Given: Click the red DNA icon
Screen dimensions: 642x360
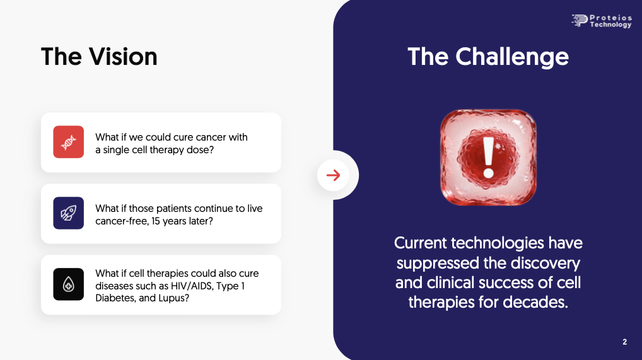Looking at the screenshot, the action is pyautogui.click(x=68, y=142).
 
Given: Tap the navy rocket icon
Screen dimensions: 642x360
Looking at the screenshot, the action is pyautogui.click(x=68, y=213).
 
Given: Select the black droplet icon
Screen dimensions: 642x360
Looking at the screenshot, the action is pyautogui.click(x=68, y=284).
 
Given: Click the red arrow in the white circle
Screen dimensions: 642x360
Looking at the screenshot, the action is pyautogui.click(x=333, y=175).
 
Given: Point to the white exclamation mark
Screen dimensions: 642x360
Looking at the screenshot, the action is pyautogui.click(x=488, y=157).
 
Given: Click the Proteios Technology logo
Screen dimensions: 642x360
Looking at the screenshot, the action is pyautogui.click(x=602, y=21).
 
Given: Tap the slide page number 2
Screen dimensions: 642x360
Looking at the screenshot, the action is pyautogui.click(x=624, y=342).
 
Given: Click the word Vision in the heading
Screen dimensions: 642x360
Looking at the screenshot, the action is pyautogui.click(x=123, y=57).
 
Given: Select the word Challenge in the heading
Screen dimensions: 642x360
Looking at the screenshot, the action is pyautogui.click(x=512, y=57).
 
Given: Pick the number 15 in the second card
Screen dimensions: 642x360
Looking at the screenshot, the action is pyautogui.click(x=156, y=221).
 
